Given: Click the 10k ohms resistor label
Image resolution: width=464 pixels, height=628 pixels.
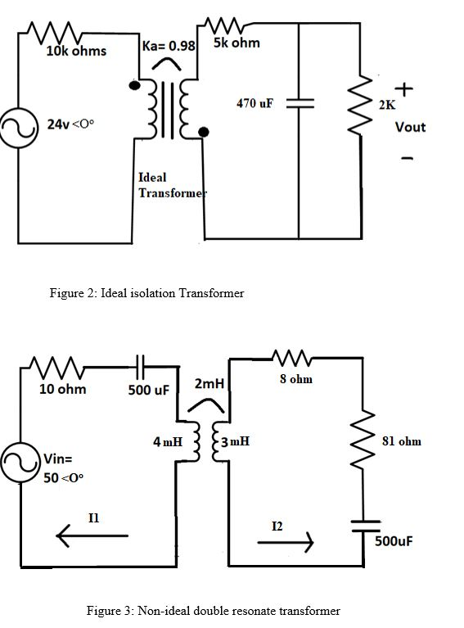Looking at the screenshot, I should click(x=75, y=52).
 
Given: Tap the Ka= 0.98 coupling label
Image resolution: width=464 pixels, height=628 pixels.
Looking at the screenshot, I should click(x=169, y=46).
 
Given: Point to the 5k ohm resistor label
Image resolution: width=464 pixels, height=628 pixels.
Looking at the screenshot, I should click(x=237, y=43).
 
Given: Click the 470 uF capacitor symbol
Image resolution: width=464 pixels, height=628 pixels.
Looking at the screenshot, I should click(x=300, y=104).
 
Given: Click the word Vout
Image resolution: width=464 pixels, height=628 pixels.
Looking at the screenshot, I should click(x=410, y=127).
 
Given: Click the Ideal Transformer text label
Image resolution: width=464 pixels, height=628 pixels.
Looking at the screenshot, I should click(x=165, y=185).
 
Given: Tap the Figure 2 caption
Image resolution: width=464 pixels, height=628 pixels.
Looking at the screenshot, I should click(x=147, y=293).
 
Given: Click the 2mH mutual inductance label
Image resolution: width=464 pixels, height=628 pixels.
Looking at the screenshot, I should click(x=209, y=383).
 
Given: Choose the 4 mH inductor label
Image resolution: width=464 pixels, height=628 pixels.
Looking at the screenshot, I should click(x=166, y=442).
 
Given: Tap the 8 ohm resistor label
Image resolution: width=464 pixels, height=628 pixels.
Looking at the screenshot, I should click(x=296, y=379).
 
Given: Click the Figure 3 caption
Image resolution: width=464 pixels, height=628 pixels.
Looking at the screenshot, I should click(x=213, y=610).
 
